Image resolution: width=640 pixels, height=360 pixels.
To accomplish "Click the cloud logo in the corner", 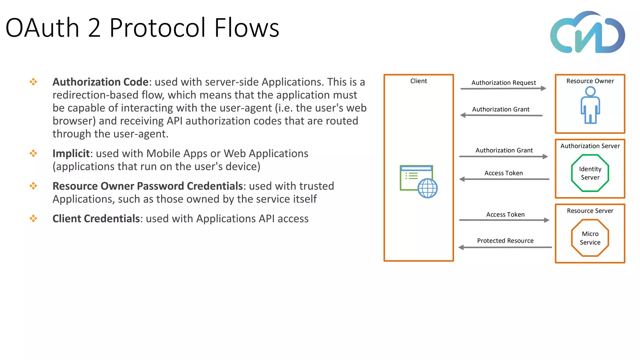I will tap(587, 33).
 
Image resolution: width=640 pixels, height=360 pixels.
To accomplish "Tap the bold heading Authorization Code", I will tap(100, 82).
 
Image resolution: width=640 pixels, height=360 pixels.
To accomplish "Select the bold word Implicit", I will tap(71, 153).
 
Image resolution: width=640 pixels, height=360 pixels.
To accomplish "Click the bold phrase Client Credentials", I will tap(96, 218).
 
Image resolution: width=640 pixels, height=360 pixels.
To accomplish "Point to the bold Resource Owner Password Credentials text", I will tap(147, 186).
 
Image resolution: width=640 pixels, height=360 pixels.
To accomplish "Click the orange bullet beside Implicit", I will tap(33, 153).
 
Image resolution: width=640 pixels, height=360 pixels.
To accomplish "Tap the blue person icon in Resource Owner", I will tap(590, 105).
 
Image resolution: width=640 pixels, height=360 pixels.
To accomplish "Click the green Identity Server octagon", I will tap(590, 173).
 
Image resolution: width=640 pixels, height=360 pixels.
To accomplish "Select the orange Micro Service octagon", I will tap(590, 238).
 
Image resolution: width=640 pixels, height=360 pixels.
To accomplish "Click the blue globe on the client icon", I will tap(427, 188).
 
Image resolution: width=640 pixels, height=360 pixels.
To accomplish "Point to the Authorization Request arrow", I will tap(503, 88).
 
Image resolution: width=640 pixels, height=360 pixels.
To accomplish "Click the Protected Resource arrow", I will tap(505, 247).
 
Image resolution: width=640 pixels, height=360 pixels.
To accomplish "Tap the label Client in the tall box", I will tap(418, 81).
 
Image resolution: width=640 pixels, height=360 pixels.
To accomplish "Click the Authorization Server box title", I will tap(590, 146).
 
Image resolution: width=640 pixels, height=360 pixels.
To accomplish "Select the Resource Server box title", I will tap(590, 211).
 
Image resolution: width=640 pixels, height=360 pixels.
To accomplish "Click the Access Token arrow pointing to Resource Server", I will tap(504, 220).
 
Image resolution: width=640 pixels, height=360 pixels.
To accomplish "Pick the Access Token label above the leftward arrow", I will tap(503, 173).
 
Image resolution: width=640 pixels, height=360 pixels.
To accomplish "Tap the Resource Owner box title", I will tap(590, 81).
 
